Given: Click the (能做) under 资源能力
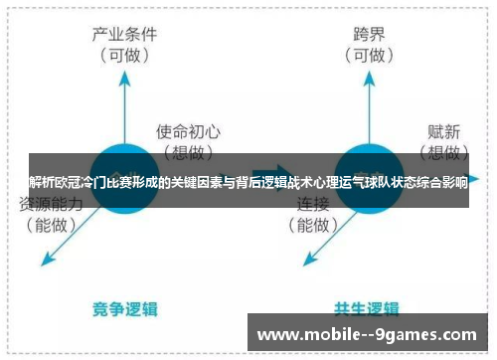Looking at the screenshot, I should pyautogui.click(x=53, y=225).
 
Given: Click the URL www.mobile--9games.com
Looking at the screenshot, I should pyautogui.click(x=367, y=335).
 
